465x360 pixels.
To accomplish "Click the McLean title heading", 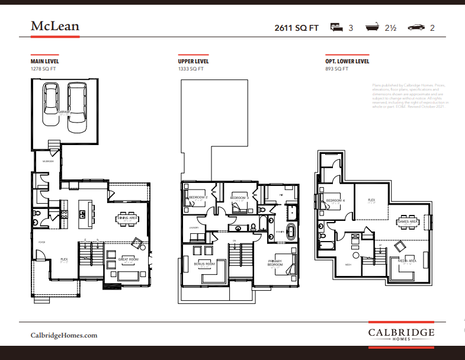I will pos(54,26).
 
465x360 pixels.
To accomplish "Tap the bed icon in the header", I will pos(336,27).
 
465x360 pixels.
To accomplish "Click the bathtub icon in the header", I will pos(373,27).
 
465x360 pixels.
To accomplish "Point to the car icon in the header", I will pos(416,27).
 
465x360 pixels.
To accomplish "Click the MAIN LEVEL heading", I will pos(45,61).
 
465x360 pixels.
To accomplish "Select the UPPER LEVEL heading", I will pos(193,61).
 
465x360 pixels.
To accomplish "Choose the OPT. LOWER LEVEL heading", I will pos(347,61).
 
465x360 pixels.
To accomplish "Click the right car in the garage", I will pos(78,108).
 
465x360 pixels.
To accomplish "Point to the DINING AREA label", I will pos(127,218).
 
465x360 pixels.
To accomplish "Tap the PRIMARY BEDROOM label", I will pos(275,263).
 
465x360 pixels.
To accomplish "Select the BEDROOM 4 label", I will pos(335,200).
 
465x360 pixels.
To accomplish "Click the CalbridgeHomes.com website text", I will pos(64,335).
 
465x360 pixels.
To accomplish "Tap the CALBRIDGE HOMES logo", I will pos(401,334).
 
